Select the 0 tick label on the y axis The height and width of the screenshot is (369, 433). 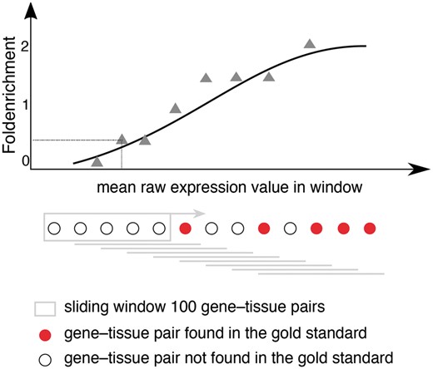point(26,160)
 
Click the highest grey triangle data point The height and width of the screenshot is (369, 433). point(310,43)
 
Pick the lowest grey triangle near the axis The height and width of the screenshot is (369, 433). point(97,160)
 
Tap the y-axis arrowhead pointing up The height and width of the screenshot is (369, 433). point(32,10)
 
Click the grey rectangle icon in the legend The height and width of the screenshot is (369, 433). point(44,308)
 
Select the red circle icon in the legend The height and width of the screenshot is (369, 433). point(44,334)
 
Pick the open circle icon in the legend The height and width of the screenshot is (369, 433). point(44,358)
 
